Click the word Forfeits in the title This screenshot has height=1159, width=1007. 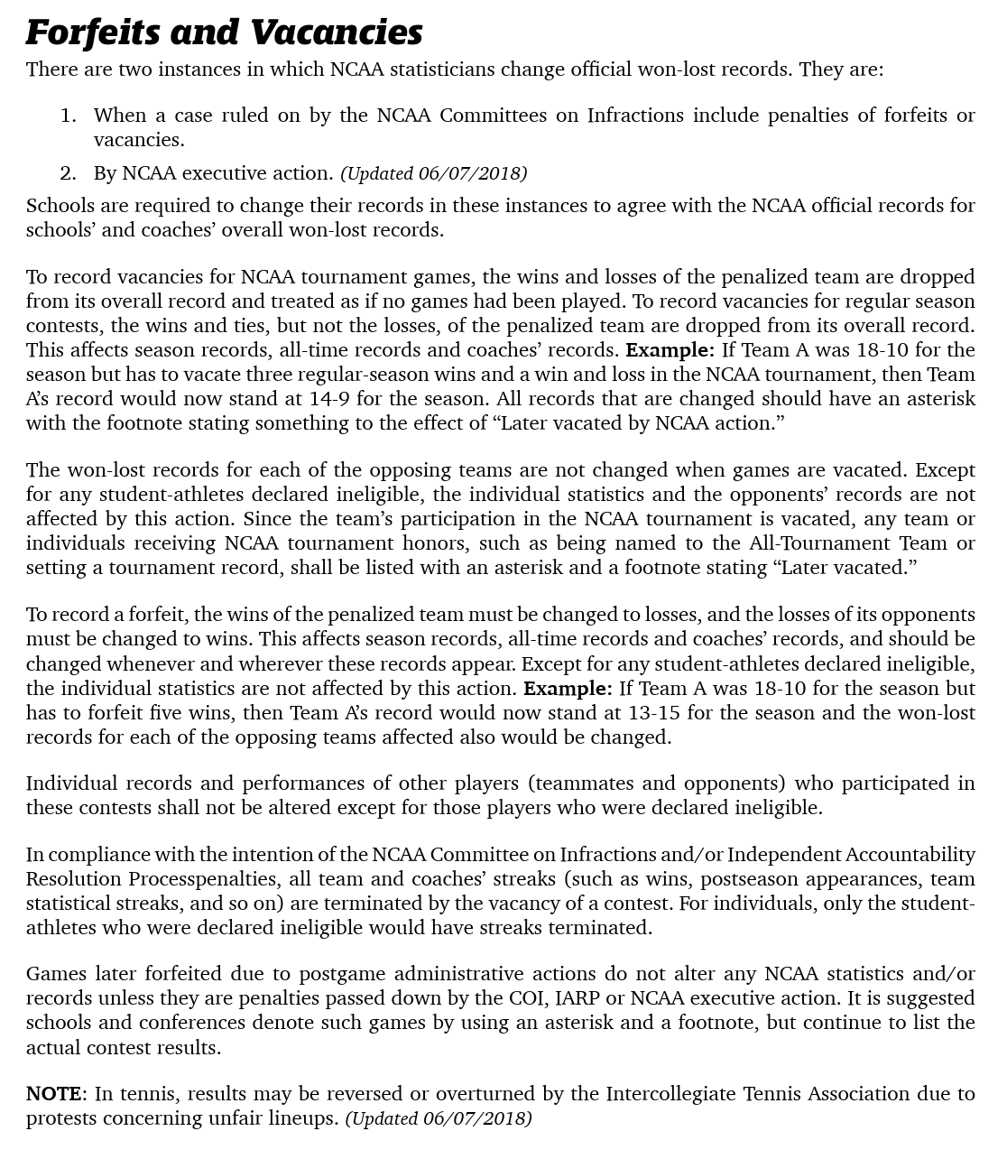93,32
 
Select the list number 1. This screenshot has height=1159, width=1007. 68,116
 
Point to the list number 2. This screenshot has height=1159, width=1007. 68,173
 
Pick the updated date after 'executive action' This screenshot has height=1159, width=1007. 434,173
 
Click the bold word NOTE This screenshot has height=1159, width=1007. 54,1094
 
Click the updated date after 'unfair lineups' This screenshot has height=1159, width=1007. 439,1118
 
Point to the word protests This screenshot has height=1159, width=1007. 60,1118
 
